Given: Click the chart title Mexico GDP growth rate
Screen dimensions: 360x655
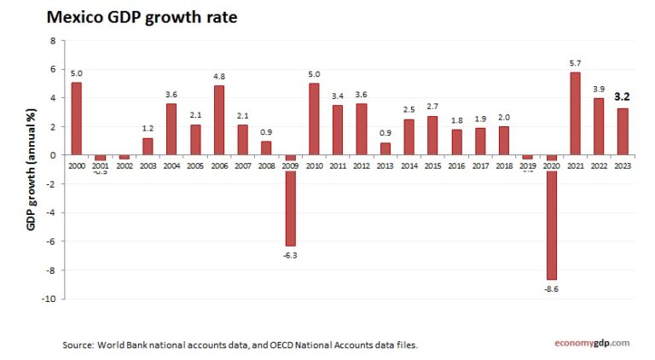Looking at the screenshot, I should (142, 16).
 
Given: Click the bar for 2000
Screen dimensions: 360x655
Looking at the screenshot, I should (77, 119).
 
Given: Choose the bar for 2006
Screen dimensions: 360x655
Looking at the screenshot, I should (219, 120).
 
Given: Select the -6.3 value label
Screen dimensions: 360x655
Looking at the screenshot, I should (290, 255).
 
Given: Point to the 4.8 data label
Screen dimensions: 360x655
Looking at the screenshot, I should (219, 77).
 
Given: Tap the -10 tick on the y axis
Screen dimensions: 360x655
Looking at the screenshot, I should (50, 299).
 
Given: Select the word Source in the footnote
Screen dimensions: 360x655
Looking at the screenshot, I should (78, 345).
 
